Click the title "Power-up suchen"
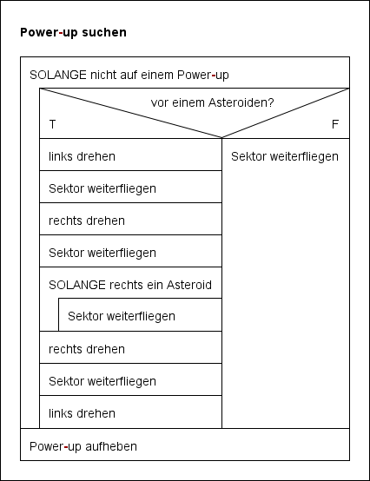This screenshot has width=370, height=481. tap(73, 33)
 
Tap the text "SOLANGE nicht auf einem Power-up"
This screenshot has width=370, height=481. tap(129, 75)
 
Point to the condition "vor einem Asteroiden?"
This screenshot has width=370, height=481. tap(212, 102)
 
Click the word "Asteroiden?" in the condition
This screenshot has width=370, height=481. tap(242, 102)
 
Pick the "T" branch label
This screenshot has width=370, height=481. tap(52, 124)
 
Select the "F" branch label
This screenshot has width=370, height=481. tap(335, 124)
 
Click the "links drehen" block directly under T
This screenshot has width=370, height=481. tap(82, 156)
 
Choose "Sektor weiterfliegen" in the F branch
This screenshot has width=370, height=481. tap(285, 156)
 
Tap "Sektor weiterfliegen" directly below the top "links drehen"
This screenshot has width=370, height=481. tap(102, 188)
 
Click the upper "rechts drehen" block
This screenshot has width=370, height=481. tap(87, 221)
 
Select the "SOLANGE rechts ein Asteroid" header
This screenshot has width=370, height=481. tap(130, 285)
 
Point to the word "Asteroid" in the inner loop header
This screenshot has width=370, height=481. tap(188, 285)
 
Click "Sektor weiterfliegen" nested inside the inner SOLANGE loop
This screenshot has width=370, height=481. tap(122, 316)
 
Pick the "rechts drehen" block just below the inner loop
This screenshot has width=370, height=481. tap(87, 349)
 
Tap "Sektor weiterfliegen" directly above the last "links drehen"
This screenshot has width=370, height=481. tap(102, 381)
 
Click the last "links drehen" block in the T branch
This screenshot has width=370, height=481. tap(82, 413)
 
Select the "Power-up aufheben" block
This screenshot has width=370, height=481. tap(83, 446)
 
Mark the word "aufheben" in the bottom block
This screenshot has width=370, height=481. tap(112, 446)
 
